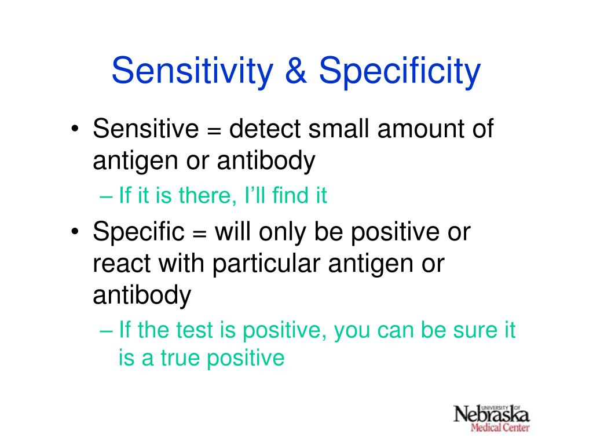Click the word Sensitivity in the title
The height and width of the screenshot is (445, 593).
pyautogui.click(x=192, y=72)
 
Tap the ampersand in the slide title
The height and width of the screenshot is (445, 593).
pyautogui.click(x=296, y=70)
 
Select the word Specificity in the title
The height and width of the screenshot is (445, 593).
pyautogui.click(x=400, y=72)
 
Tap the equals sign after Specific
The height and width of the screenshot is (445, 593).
pyautogui.click(x=200, y=234)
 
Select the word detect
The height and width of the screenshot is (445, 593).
pyautogui.click(x=265, y=128)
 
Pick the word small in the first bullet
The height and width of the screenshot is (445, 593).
pyautogui.click(x=338, y=128)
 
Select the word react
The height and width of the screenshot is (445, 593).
pyautogui.click(x=122, y=264)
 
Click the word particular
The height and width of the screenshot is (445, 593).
pyautogui.click(x=266, y=264)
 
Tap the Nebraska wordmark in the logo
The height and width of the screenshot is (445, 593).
pyautogui.click(x=491, y=414)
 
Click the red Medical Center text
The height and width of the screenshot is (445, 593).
pyautogui.click(x=500, y=428)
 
